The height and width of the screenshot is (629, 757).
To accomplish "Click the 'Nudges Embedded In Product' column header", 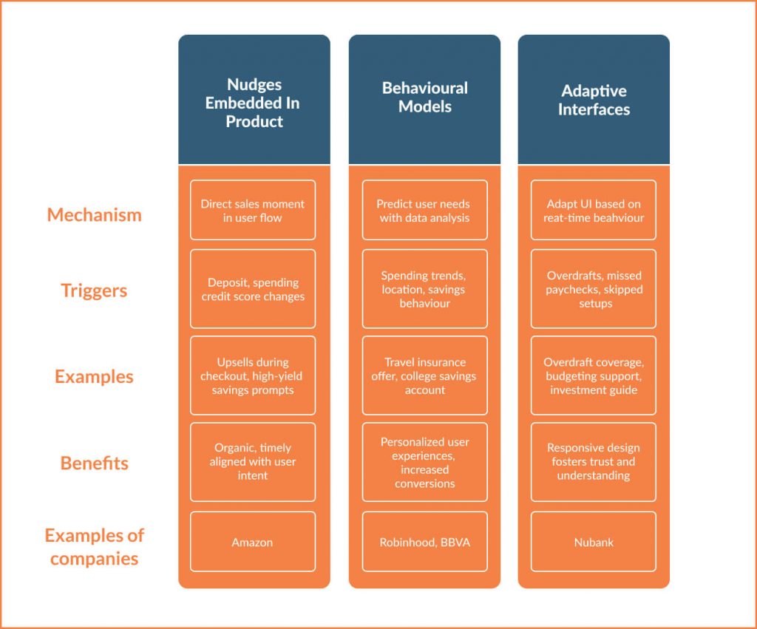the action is pyautogui.click(x=254, y=100).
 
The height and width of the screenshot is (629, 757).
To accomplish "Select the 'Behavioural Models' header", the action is pyautogui.click(x=424, y=100).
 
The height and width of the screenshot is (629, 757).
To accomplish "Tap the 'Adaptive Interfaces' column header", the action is pyautogui.click(x=594, y=100).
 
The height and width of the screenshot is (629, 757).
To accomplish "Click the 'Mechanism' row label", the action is pyautogui.click(x=94, y=215).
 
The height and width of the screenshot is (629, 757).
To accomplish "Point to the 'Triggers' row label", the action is pyautogui.click(x=94, y=290).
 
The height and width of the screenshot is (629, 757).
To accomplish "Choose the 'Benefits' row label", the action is pyautogui.click(x=94, y=463).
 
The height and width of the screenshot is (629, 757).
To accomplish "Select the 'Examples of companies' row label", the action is pyautogui.click(x=94, y=546).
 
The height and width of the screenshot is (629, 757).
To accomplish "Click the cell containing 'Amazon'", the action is pyautogui.click(x=253, y=542).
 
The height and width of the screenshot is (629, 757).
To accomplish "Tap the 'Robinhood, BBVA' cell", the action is pyautogui.click(x=425, y=542).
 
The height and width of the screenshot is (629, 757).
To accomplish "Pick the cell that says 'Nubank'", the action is pyautogui.click(x=594, y=542).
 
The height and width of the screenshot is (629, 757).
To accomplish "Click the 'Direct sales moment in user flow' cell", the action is pyautogui.click(x=253, y=210).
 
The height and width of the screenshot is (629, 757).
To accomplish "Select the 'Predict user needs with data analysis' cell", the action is pyautogui.click(x=425, y=210).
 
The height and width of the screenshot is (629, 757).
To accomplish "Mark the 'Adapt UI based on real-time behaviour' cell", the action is pyautogui.click(x=594, y=210).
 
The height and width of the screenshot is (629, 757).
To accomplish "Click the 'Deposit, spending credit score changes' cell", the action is pyautogui.click(x=253, y=289).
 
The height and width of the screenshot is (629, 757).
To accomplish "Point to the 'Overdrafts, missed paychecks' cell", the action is pyautogui.click(x=594, y=289).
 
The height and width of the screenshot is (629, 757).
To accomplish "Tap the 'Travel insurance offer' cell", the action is pyautogui.click(x=425, y=375).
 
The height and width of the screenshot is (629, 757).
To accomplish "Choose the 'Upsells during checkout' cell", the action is pyautogui.click(x=253, y=375).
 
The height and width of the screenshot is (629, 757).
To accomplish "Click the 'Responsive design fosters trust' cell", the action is pyautogui.click(x=594, y=462).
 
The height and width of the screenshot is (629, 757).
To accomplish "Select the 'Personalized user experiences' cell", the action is pyautogui.click(x=425, y=462).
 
